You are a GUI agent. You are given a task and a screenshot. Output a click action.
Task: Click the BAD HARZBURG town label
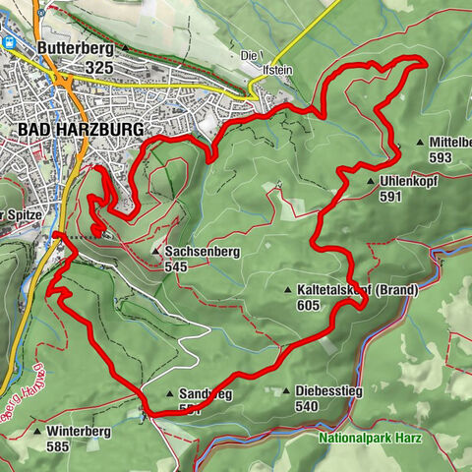(x=80, y=130)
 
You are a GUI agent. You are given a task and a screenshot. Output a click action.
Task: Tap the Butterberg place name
(x=70, y=47)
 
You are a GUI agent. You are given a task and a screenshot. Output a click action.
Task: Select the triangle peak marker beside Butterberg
(x=125, y=47)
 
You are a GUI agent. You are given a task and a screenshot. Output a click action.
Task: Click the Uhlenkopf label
(x=407, y=181)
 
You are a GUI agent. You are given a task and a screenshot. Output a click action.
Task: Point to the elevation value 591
(x=391, y=197)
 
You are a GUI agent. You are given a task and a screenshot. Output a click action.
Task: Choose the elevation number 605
(x=309, y=306)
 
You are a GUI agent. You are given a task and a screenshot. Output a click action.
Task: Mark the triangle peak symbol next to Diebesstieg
(x=286, y=390)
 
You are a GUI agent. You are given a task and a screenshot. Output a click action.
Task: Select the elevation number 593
(x=440, y=157)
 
